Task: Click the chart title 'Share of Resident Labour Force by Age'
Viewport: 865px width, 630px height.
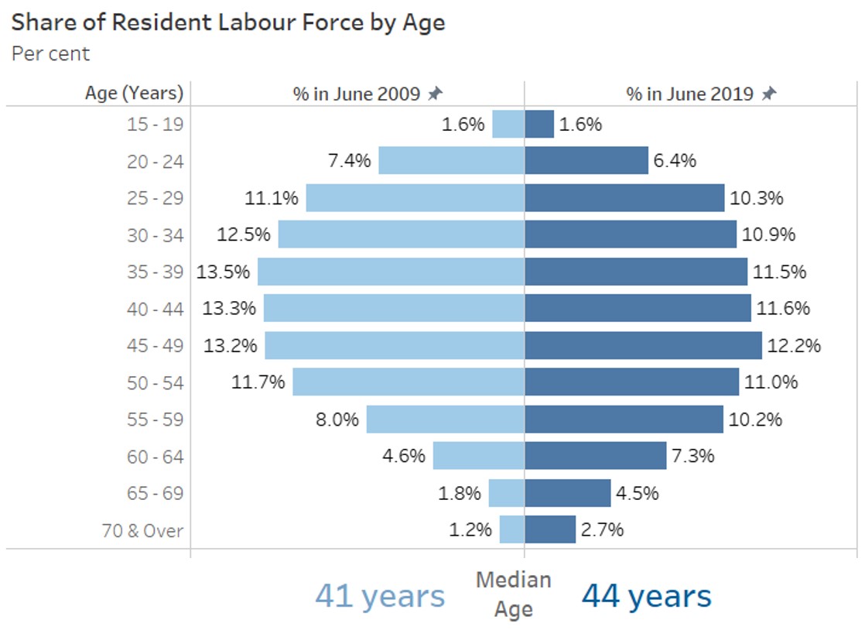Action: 228,22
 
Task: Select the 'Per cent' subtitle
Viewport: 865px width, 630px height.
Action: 51,53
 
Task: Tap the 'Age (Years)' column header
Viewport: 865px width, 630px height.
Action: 134,94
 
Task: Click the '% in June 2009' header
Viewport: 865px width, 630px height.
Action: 356,94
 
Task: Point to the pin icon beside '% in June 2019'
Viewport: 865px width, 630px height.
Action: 768,94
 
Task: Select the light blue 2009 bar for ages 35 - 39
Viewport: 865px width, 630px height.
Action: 391,272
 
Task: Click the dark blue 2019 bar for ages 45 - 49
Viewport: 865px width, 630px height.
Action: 643,345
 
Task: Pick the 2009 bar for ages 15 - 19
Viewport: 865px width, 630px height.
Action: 508,124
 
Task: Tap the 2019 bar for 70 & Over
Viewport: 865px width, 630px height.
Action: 550,530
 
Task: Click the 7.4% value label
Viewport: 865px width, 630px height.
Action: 349,161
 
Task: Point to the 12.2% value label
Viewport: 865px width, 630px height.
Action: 794,345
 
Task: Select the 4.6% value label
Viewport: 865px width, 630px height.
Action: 404,456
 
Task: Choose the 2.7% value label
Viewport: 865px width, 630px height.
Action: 602,530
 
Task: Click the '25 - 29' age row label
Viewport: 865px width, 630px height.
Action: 155,198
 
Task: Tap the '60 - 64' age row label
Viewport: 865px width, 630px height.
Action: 155,457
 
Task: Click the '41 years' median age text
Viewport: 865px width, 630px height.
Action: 380,596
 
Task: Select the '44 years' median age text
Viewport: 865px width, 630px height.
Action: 646,596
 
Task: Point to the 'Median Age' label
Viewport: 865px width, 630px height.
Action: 513,594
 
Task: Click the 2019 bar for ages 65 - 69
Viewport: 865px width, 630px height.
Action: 568,493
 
